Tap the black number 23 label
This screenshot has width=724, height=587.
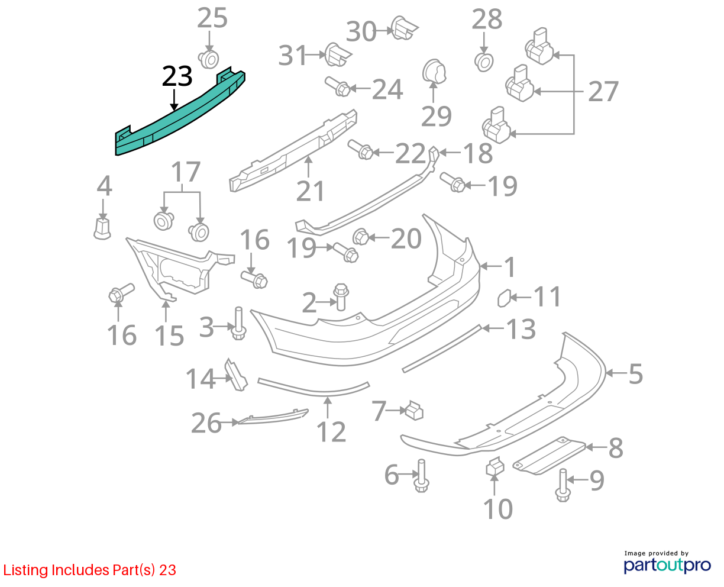[177, 76]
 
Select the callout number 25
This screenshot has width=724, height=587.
[212, 18]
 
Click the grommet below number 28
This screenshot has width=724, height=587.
[484, 62]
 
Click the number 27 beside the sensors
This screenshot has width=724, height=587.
[603, 91]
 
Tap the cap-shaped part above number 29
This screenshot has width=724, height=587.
[434, 72]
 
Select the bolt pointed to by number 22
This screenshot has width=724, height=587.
[360, 150]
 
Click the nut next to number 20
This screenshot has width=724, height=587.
[361, 237]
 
